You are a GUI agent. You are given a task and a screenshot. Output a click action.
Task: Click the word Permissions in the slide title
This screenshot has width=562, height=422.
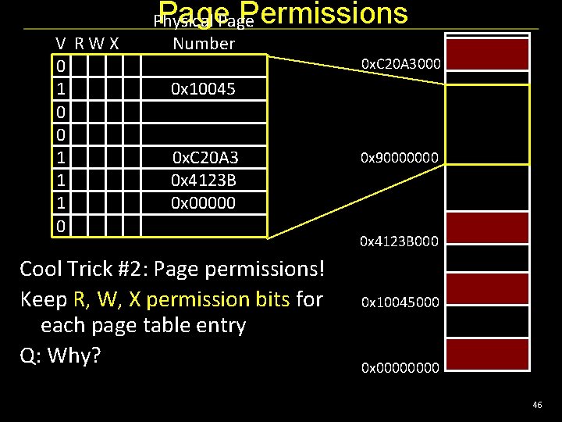(332, 13)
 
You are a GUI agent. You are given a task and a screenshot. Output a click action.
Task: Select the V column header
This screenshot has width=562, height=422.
(60, 44)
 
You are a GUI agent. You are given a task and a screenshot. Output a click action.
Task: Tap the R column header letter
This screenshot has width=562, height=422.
(80, 44)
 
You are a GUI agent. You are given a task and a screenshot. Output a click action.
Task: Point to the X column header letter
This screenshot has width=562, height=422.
(114, 44)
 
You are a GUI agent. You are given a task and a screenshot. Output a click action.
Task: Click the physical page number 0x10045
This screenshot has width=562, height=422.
(204, 90)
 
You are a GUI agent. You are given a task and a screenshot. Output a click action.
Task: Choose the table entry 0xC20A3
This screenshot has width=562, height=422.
(205, 159)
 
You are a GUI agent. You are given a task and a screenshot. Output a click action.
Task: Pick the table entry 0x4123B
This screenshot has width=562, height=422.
(205, 181)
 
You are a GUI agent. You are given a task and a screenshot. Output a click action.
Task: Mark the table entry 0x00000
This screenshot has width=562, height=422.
(204, 202)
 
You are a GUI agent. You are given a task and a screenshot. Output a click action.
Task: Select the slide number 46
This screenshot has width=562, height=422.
(537, 405)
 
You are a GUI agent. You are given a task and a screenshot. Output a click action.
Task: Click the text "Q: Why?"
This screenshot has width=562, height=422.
(60, 356)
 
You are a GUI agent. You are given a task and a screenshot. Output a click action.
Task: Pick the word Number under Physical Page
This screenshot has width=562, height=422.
(204, 44)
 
